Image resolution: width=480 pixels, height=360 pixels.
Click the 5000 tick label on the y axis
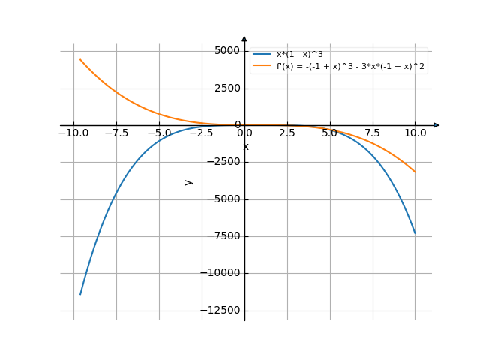coord(226,51)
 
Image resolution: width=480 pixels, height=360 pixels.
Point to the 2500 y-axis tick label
coord(226,88)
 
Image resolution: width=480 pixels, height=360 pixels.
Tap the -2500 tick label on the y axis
coord(223,163)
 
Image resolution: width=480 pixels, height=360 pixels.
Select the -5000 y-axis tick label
coord(223,199)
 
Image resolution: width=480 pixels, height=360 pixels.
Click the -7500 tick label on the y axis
coord(223,236)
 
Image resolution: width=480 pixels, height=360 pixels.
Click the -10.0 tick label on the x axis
coord(73,133)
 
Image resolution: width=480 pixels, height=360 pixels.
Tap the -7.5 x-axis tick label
coord(115,133)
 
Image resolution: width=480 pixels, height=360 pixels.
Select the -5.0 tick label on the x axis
coord(158,133)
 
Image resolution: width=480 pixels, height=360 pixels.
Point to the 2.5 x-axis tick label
coord(287,133)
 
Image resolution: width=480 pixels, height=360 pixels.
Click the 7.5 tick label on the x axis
coord(373,133)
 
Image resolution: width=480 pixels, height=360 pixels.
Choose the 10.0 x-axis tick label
coord(415,133)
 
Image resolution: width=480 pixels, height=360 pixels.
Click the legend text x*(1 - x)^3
coord(304,55)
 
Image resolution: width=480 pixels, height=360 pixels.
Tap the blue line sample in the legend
coord(262,55)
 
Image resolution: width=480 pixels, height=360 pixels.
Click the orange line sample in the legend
coord(262,66)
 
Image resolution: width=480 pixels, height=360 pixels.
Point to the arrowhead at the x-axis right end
coord(436,125)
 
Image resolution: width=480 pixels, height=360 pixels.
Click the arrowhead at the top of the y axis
coord(244,38)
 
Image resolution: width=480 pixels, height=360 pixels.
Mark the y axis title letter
coord(189,181)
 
